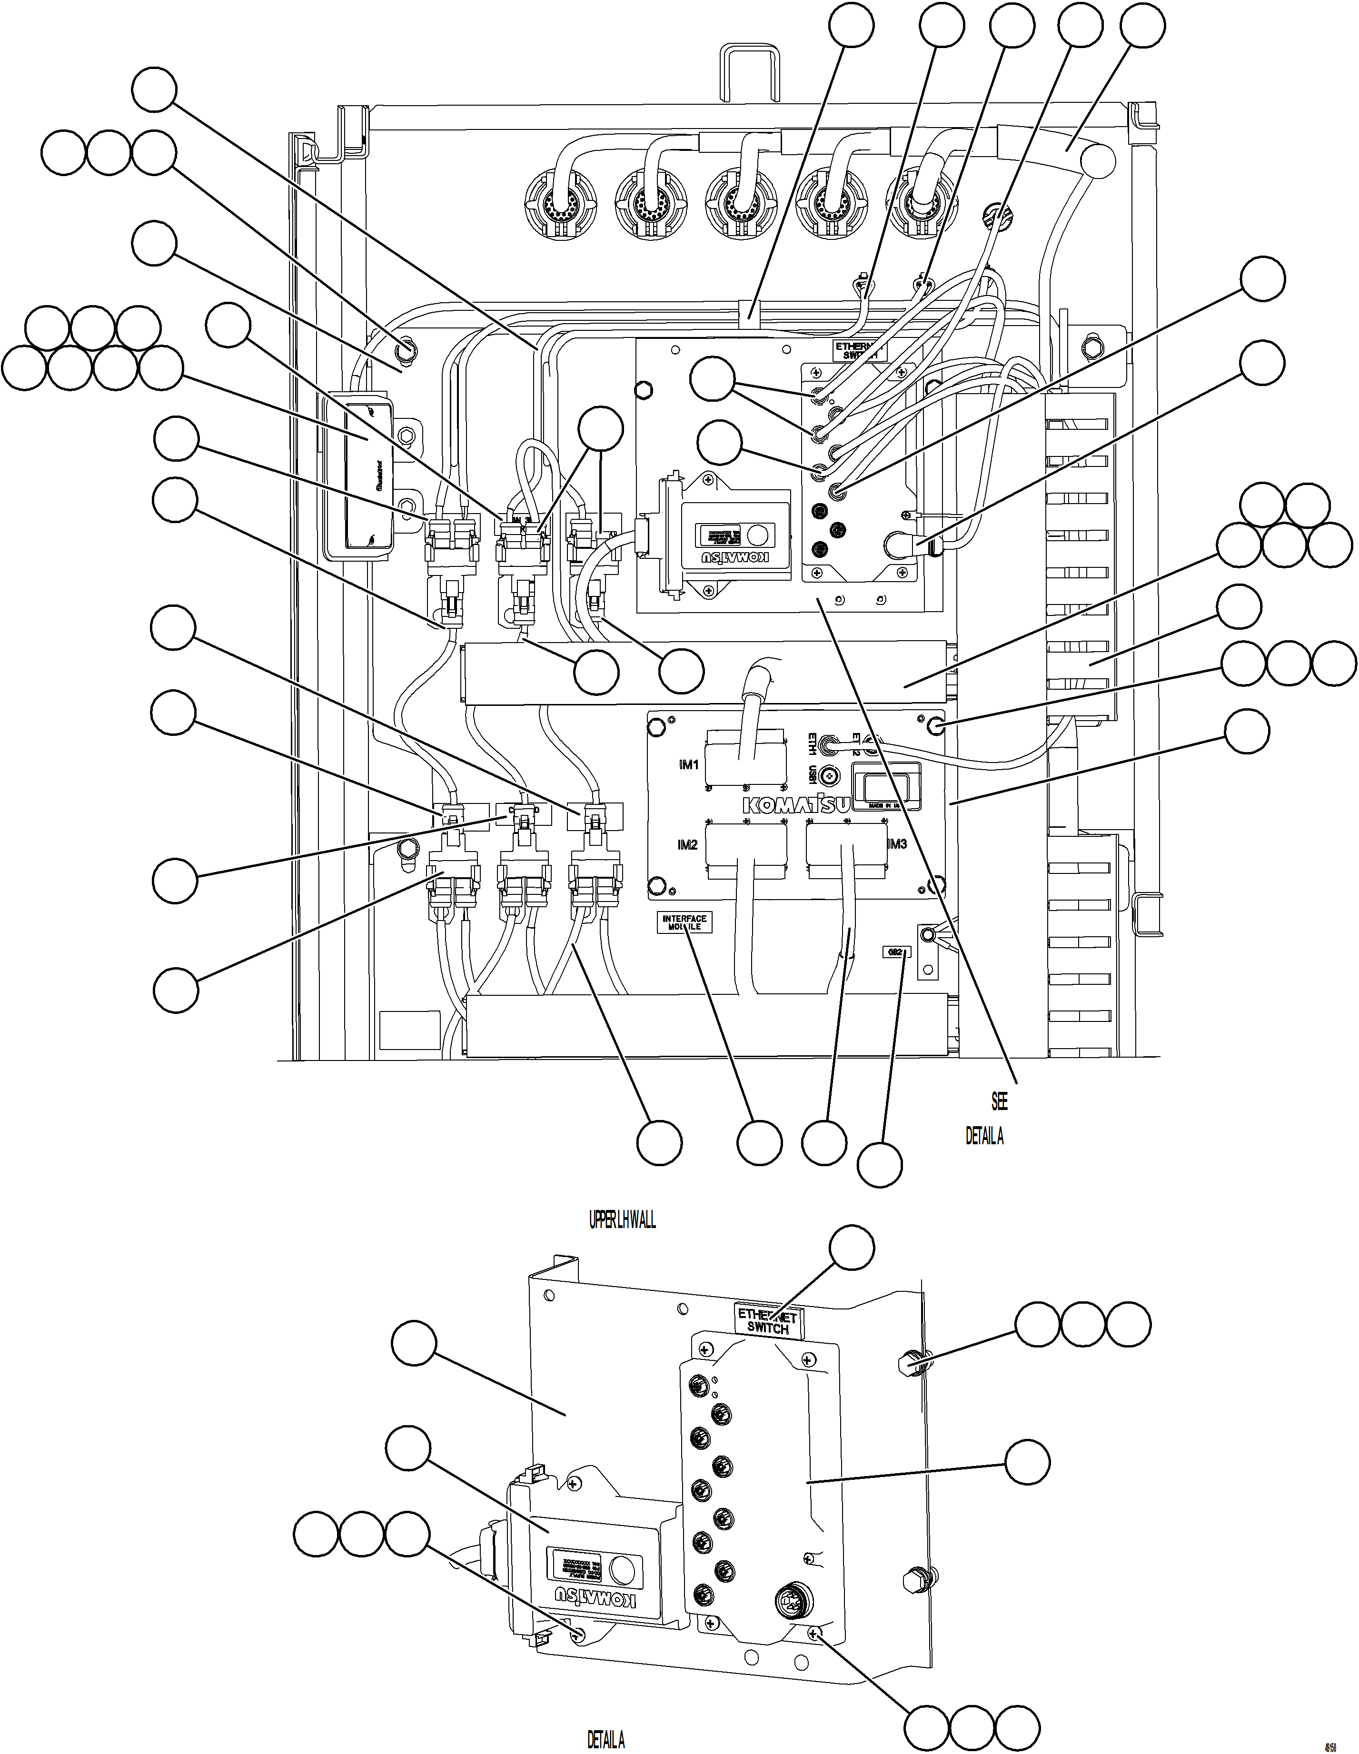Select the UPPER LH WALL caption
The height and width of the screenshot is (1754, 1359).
click(x=623, y=1221)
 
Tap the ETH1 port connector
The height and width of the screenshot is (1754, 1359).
click(x=828, y=746)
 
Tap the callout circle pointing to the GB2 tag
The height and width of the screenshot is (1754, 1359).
click(x=880, y=1165)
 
